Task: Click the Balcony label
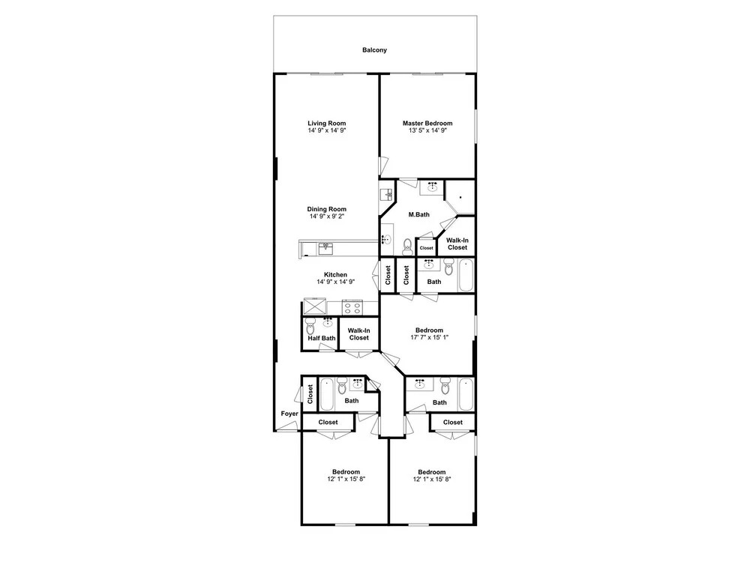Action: (x=374, y=49)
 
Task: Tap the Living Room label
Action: (x=327, y=124)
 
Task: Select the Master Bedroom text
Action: (x=427, y=124)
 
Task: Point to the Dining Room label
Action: (x=327, y=209)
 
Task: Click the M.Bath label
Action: (x=419, y=214)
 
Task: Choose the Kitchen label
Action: (x=336, y=275)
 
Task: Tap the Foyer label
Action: (x=289, y=414)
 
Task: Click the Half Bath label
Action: (x=322, y=339)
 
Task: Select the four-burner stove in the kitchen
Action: (x=352, y=307)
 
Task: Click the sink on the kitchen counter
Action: (x=326, y=249)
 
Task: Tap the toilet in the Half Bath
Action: (x=311, y=327)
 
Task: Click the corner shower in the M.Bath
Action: (x=460, y=197)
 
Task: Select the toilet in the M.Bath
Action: (x=407, y=247)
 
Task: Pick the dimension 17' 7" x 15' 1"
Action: (x=430, y=337)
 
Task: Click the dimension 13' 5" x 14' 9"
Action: (x=427, y=130)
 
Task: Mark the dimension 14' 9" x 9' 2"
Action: (x=327, y=216)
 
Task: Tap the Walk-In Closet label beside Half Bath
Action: (x=358, y=334)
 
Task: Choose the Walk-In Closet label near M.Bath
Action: (x=457, y=244)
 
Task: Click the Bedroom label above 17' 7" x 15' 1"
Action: (x=430, y=330)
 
